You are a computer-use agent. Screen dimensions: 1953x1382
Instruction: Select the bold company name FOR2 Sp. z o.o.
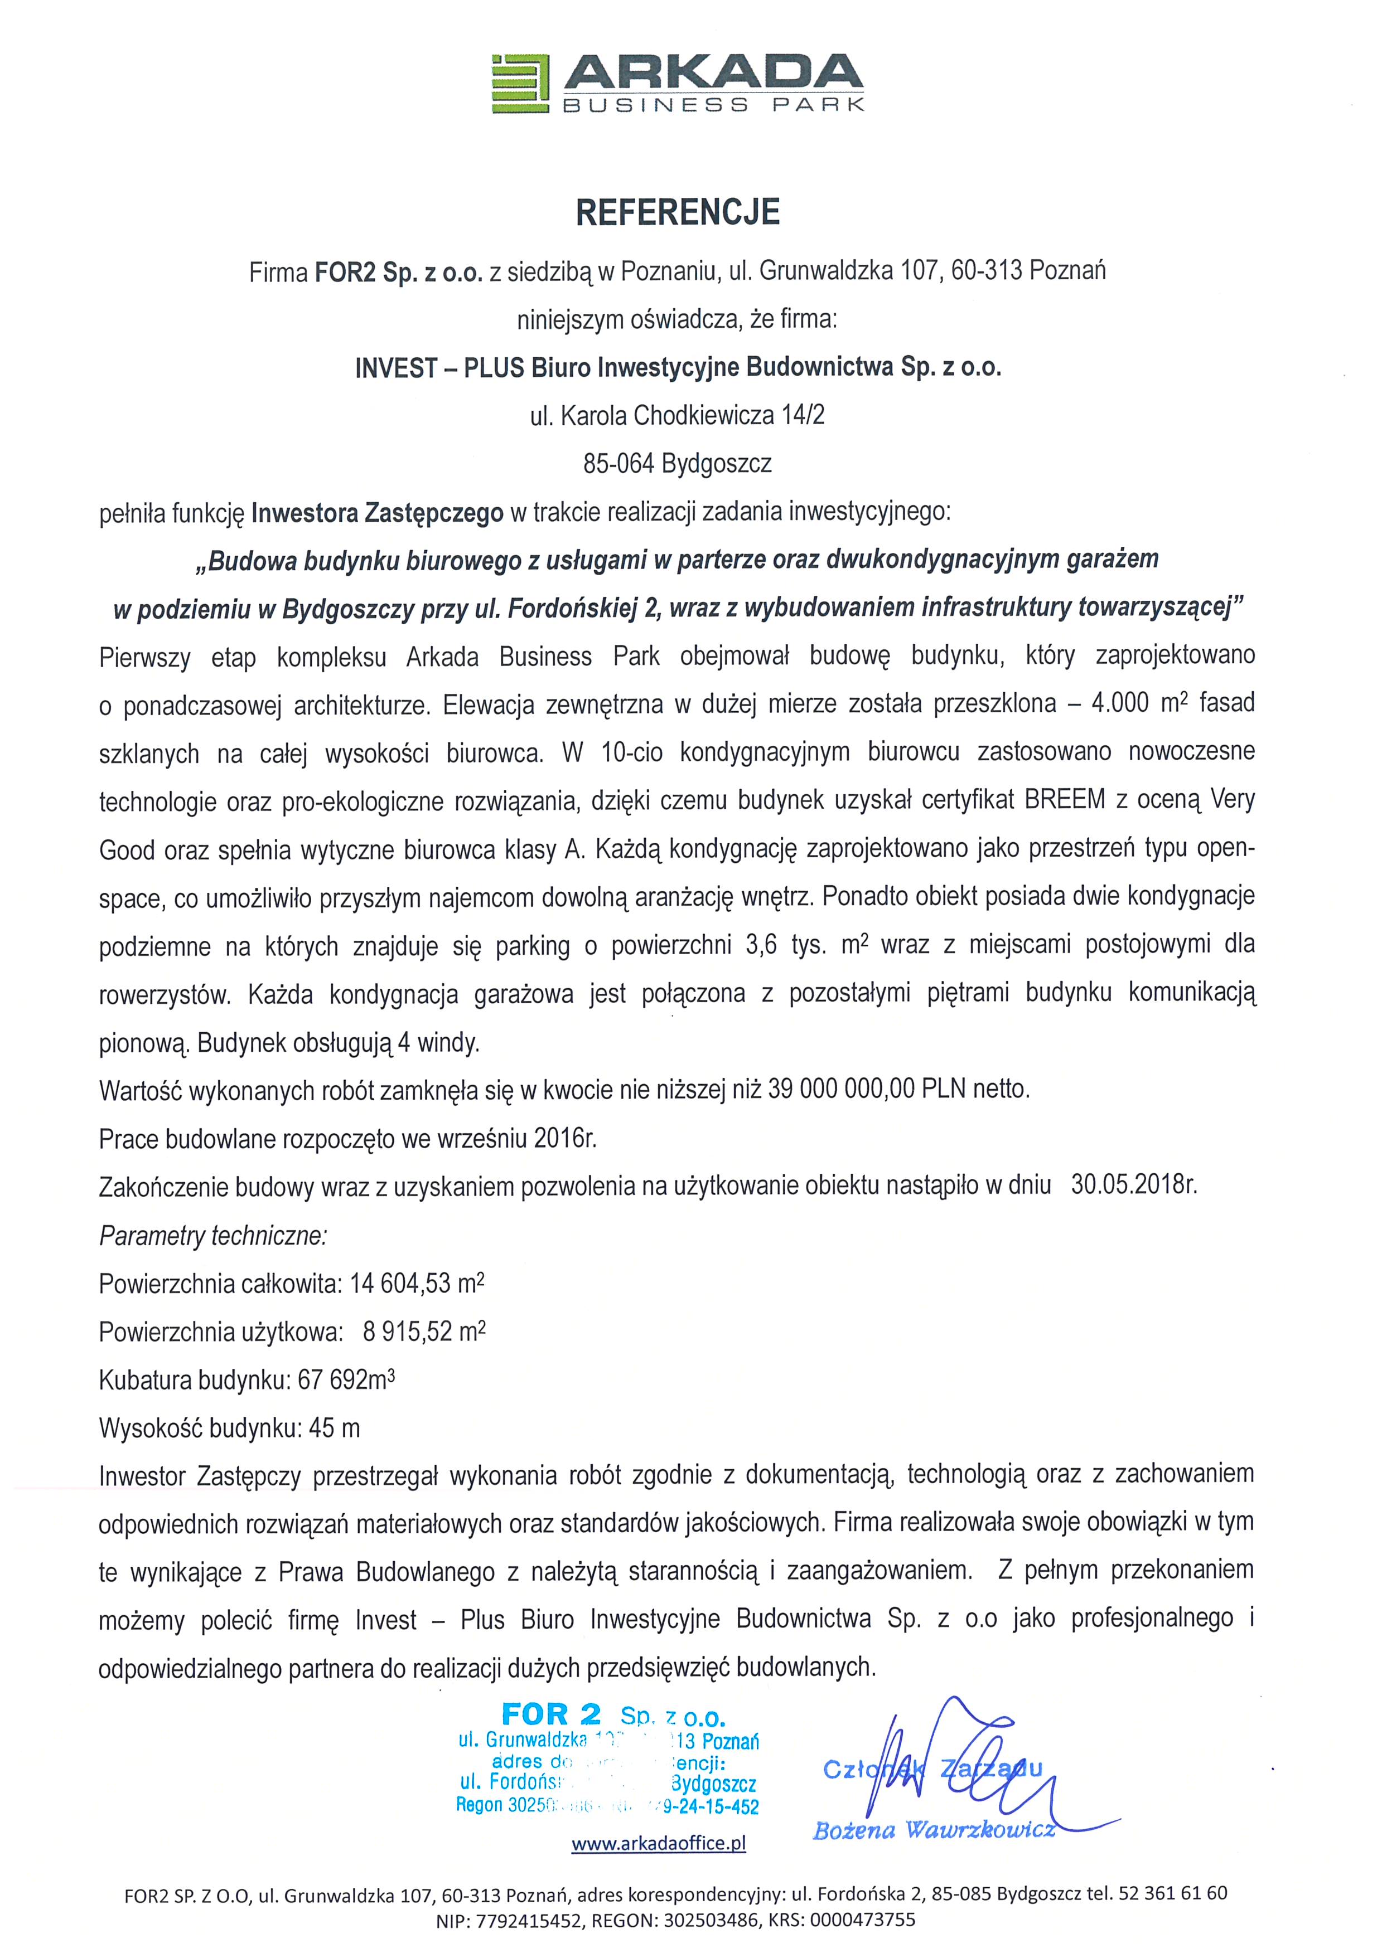[x=398, y=272]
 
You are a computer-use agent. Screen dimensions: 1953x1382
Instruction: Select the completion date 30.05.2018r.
[x=1133, y=1185]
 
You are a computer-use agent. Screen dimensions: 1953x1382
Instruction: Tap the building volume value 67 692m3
[x=346, y=1379]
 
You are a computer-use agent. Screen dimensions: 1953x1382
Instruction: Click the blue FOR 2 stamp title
[x=552, y=1714]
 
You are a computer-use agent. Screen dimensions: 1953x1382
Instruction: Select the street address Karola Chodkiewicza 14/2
[x=692, y=416]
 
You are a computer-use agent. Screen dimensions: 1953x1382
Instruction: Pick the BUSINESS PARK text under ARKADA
[x=713, y=105]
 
